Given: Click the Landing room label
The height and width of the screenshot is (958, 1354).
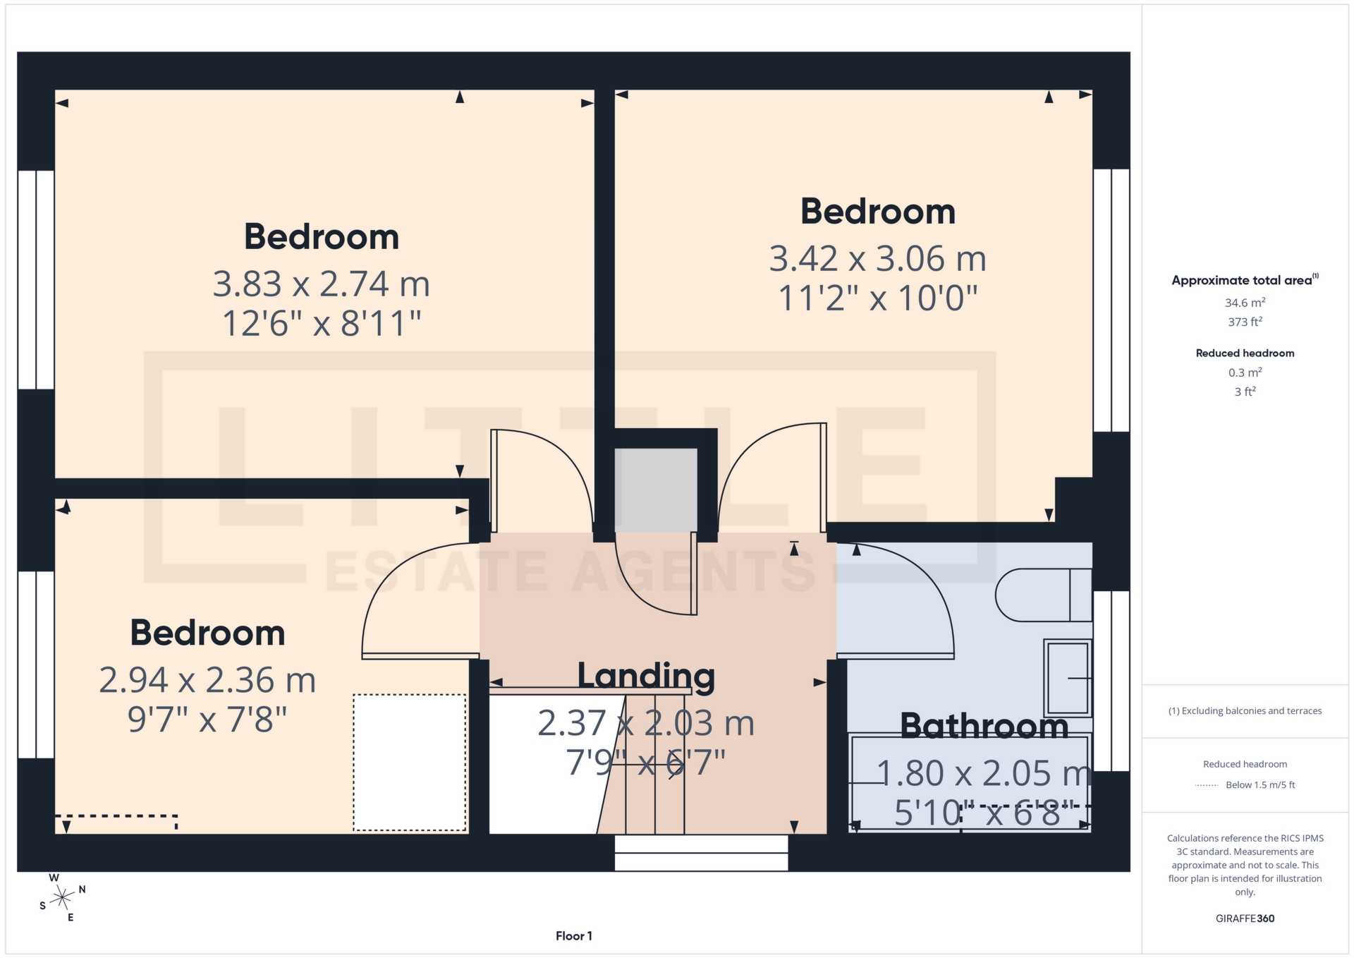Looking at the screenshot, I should pyautogui.click(x=646, y=676).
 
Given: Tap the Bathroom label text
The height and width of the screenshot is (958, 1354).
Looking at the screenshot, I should pyautogui.click(x=984, y=727).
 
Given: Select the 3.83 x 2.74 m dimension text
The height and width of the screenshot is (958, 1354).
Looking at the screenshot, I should pyautogui.click(x=322, y=284).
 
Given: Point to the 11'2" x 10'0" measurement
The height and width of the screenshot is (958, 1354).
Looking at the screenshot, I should pyautogui.click(x=877, y=298).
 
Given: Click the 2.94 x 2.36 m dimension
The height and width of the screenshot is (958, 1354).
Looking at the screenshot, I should pyautogui.click(x=207, y=681).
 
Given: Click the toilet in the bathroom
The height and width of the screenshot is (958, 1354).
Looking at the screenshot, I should pyautogui.click(x=1042, y=595).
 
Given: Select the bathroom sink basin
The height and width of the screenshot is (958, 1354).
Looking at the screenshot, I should pyautogui.click(x=1068, y=677).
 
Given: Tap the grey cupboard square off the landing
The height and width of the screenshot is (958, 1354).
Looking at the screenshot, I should pyautogui.click(x=656, y=490).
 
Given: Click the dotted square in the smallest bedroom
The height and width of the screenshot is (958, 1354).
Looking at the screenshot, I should pyautogui.click(x=410, y=763).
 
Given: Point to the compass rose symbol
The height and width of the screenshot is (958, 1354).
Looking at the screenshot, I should pyautogui.click(x=63, y=898).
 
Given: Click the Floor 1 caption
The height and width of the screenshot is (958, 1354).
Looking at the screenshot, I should pyautogui.click(x=573, y=936).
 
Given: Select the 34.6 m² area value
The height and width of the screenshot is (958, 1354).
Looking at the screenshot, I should pyautogui.click(x=1245, y=303).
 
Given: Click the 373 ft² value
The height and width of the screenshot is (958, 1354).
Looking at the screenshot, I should pyautogui.click(x=1245, y=322).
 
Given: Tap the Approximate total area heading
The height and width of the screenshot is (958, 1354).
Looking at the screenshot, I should pyautogui.click(x=1242, y=281).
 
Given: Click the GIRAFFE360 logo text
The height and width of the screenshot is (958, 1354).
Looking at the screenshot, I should pyautogui.click(x=1245, y=918).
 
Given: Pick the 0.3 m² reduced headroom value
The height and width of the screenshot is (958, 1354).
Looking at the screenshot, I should pyautogui.click(x=1245, y=372).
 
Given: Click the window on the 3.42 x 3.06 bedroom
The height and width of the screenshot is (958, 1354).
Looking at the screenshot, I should pyautogui.click(x=1111, y=300).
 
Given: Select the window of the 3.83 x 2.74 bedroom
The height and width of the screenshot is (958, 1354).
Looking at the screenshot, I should pyautogui.click(x=36, y=279).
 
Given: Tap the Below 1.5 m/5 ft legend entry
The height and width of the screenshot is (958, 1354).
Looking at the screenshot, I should pyautogui.click(x=1260, y=785).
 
